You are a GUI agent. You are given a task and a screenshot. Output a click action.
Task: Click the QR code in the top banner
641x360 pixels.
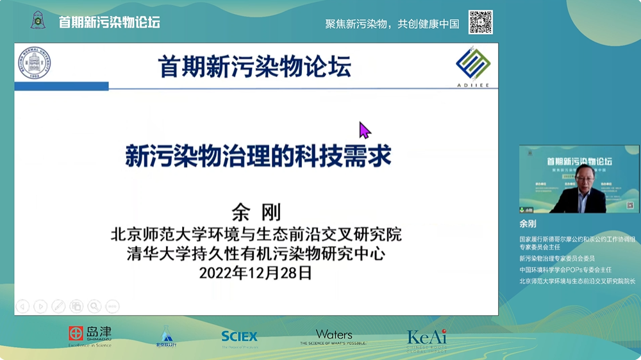click(480, 22)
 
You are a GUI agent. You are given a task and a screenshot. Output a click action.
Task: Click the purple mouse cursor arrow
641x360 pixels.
click(364, 130)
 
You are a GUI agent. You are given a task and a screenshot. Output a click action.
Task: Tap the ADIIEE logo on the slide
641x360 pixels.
click(473, 66)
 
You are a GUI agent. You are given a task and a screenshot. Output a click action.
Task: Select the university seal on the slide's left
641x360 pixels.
click(33, 63)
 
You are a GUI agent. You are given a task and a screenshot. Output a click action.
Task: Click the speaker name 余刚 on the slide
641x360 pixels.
click(256, 212)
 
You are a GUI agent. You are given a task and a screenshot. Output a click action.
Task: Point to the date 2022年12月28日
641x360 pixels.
click(256, 273)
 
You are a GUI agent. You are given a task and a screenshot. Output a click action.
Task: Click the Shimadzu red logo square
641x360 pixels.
click(76, 333)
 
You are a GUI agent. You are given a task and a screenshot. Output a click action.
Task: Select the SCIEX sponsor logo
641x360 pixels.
click(239, 337)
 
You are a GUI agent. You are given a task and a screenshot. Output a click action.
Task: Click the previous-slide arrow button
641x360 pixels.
click(22, 306)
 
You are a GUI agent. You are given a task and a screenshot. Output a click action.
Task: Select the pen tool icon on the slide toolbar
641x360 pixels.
click(58, 306)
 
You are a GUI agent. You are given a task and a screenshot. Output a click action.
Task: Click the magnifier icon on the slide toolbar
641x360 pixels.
click(94, 306)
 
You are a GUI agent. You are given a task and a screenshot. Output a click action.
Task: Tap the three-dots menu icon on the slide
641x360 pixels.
click(112, 306)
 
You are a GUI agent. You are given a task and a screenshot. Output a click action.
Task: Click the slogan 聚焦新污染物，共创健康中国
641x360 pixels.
click(392, 24)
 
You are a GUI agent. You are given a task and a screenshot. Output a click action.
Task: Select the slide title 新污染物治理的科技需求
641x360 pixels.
click(258, 156)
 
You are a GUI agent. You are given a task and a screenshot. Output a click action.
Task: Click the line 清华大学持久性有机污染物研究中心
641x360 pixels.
click(256, 254)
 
